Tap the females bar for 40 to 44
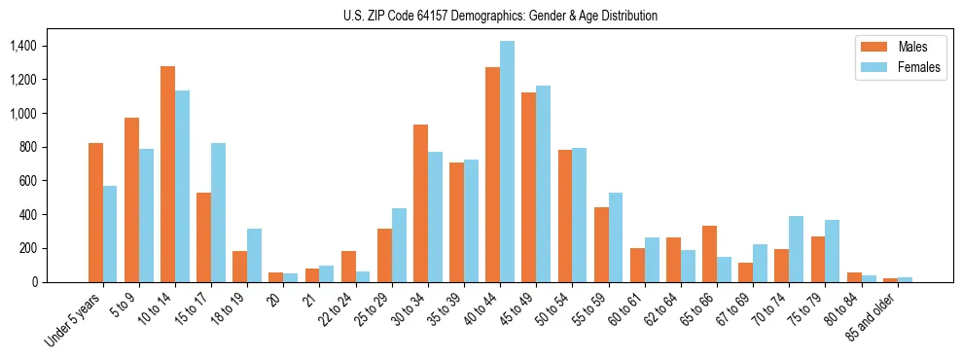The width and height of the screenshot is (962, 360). point(508,162)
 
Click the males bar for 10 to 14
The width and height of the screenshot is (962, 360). point(167,174)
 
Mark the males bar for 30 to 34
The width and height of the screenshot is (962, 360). point(420,203)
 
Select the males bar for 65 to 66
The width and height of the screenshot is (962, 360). point(709,254)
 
